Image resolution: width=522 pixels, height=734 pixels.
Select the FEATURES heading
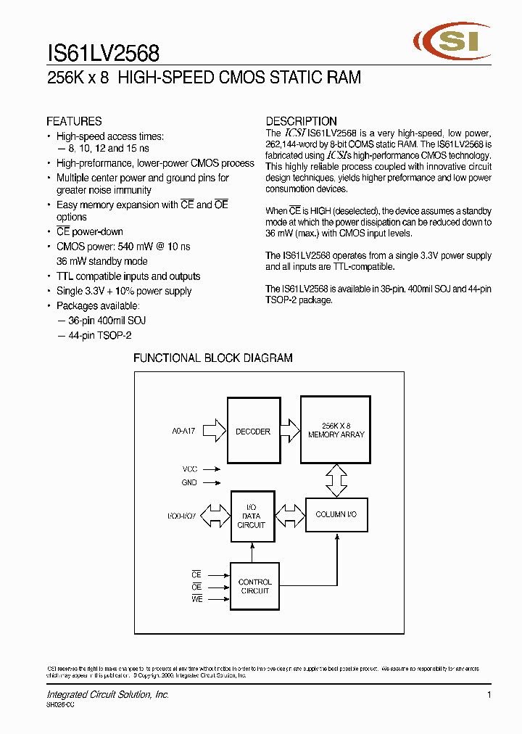(74, 121)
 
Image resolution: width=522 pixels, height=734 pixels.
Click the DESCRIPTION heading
(301, 121)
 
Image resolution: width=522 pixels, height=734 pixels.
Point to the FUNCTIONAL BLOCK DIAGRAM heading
(213, 358)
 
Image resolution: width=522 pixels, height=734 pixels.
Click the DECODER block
(252, 432)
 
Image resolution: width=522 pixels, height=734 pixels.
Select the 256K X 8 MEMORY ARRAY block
(336, 430)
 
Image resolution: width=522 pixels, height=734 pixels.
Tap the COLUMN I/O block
(336, 514)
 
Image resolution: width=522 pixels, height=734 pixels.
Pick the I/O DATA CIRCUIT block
(252, 516)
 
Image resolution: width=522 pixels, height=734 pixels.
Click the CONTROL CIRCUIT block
(254, 586)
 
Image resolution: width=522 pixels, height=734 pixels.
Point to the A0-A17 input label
(183, 431)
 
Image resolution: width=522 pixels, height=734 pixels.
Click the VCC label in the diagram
(189, 469)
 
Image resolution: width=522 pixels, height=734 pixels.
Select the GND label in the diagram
(189, 482)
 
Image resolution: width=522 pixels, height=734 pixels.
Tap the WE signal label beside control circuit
(196, 599)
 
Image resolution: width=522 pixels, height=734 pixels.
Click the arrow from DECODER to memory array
(289, 430)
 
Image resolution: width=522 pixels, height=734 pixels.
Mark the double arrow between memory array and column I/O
(336, 481)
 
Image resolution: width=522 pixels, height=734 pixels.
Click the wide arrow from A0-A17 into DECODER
(215, 432)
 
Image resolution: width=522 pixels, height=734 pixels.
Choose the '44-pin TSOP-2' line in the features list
(94, 336)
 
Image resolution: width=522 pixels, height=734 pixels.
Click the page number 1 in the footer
(489, 695)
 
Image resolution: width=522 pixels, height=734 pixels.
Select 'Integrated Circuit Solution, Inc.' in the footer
(108, 695)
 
